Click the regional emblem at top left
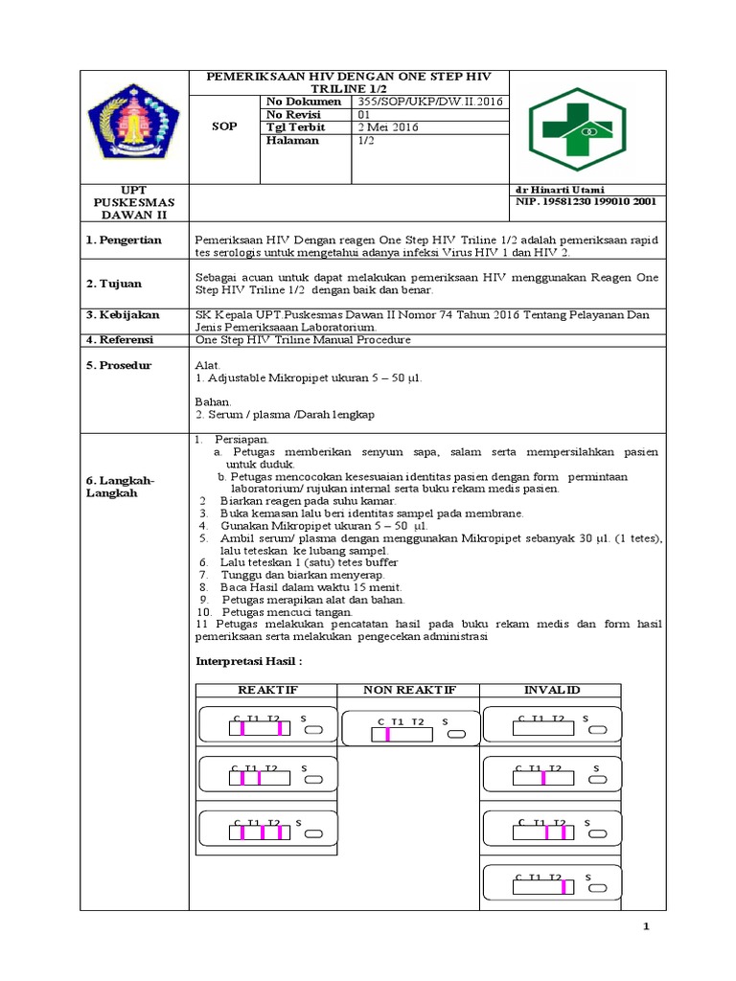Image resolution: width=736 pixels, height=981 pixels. pyautogui.click(x=134, y=125)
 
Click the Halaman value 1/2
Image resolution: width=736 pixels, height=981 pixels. pyautogui.click(x=366, y=141)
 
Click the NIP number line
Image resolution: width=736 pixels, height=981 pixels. pyautogui.click(x=586, y=202)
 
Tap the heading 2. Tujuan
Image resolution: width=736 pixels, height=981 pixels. pyautogui.click(x=116, y=284)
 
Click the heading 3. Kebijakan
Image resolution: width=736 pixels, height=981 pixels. pyautogui.click(x=124, y=315)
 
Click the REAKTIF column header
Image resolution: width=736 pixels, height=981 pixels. pyautogui.click(x=267, y=690)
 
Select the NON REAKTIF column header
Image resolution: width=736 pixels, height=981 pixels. pyautogui.click(x=409, y=690)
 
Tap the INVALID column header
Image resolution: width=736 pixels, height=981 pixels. pyautogui.click(x=551, y=690)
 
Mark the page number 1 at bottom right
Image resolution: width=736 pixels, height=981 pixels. pyautogui.click(x=646, y=927)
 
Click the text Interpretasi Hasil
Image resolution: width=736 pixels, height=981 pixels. pyautogui.click(x=248, y=661)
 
